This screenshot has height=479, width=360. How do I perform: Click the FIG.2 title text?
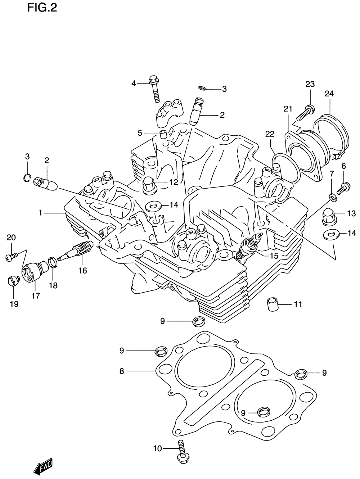click(42, 8)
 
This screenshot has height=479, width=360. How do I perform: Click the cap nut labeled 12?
click(149, 185)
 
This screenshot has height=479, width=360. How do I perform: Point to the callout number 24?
click(329, 94)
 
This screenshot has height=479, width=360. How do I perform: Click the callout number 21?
click(288, 108)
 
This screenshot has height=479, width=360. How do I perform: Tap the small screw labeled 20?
click(10, 257)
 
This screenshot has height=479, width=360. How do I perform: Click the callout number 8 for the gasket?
click(122, 371)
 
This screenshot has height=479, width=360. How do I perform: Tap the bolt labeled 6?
click(342, 187)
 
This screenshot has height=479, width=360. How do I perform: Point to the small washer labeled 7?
click(333, 197)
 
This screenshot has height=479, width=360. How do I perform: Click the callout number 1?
click(41, 213)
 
